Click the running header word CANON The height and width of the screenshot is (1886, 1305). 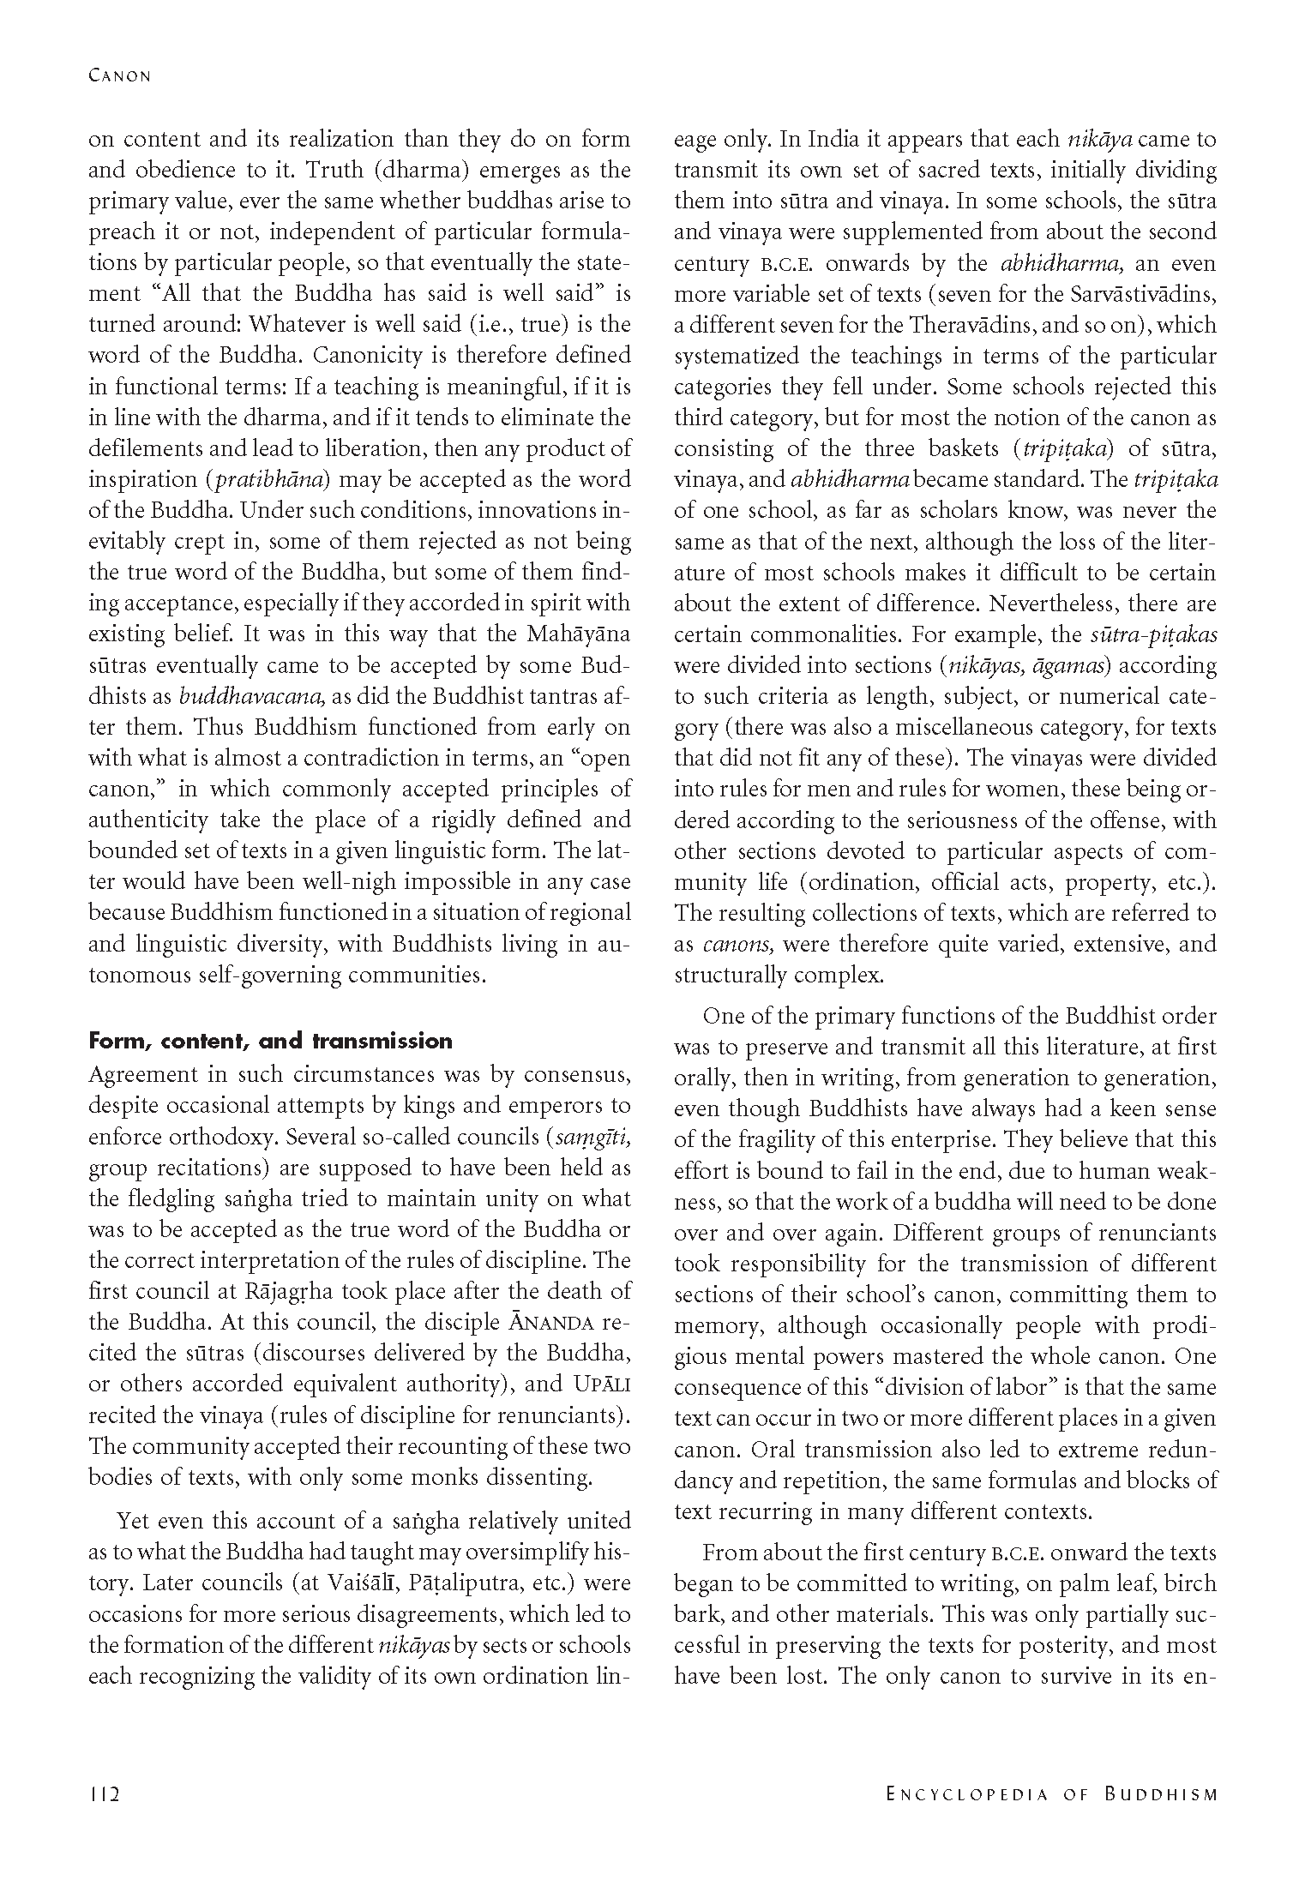[119, 75]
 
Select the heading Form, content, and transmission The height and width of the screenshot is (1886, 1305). [270, 1042]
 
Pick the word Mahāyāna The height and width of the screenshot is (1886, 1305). [571, 634]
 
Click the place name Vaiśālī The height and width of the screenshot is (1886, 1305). [358, 1583]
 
